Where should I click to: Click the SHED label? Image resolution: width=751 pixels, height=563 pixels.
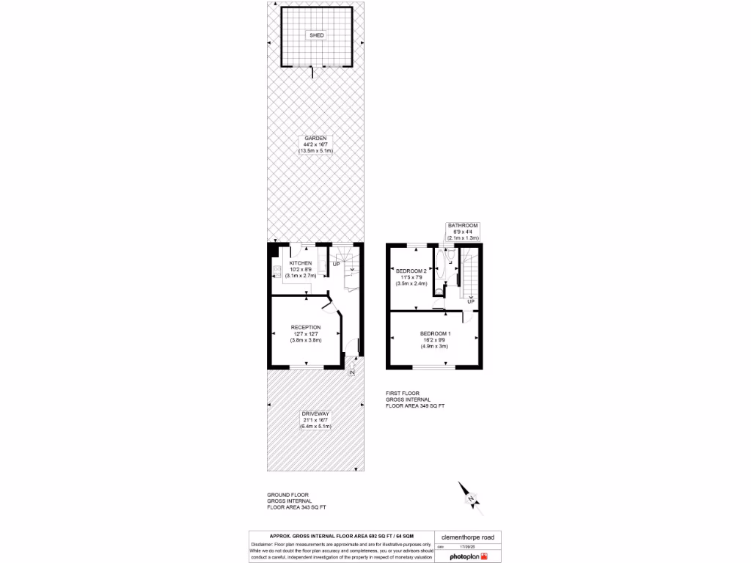(x=316, y=35)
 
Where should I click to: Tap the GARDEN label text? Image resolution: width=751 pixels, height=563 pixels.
(x=316, y=138)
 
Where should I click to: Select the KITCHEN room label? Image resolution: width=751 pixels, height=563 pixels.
(x=301, y=262)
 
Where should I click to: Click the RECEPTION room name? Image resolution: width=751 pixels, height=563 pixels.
(x=305, y=327)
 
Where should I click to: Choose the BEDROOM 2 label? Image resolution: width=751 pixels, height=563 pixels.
(x=411, y=271)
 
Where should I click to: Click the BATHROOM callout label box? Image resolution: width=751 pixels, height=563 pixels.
(x=463, y=232)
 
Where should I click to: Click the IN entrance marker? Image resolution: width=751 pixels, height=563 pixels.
(x=351, y=373)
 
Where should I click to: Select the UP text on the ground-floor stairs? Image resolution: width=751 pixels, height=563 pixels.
(x=337, y=263)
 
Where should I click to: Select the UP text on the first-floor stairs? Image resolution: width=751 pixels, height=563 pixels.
(x=470, y=301)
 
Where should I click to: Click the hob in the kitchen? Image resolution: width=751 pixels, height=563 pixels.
(x=277, y=273)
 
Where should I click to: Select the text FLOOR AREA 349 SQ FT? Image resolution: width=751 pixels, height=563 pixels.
(x=416, y=405)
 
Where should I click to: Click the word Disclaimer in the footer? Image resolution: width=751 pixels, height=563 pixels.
(x=263, y=545)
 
